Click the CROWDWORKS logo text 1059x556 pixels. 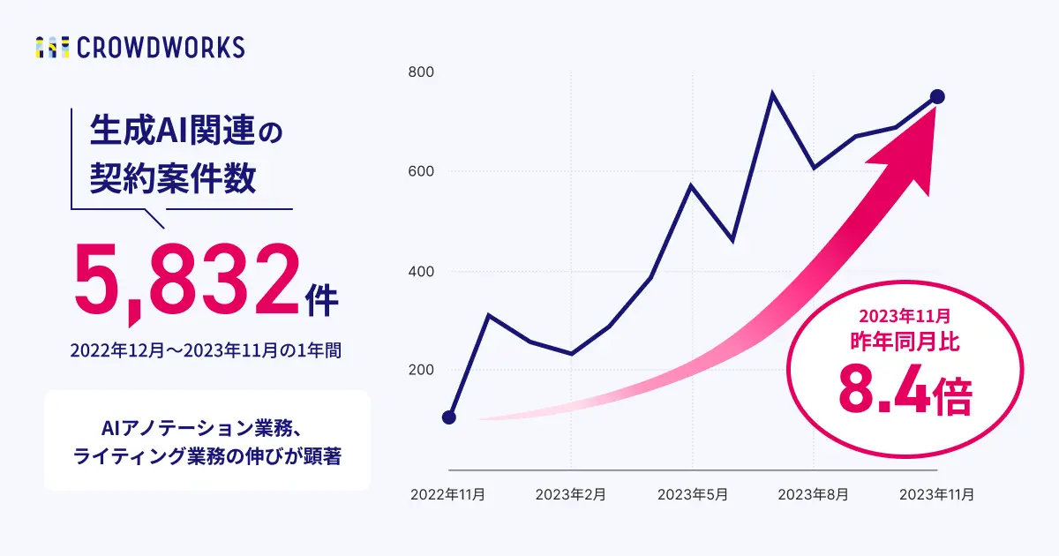click(x=161, y=48)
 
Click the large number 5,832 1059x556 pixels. click(x=187, y=281)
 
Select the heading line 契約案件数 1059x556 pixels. click(x=173, y=179)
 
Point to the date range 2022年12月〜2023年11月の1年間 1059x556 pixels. click(x=206, y=350)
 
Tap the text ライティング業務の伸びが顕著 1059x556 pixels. click(x=207, y=457)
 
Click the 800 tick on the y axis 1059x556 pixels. click(x=420, y=72)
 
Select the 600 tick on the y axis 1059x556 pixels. click(x=420, y=171)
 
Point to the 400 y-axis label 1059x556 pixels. click(x=420, y=271)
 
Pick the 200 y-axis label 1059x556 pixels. click(x=420, y=371)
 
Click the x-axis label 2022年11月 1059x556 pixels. click(x=448, y=495)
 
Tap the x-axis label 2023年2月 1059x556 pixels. click(x=571, y=495)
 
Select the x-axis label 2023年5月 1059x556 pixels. click(x=693, y=495)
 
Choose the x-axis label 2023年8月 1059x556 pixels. click(x=814, y=495)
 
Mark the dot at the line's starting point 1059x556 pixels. click(x=448, y=417)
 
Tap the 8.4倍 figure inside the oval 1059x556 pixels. click(x=904, y=392)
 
